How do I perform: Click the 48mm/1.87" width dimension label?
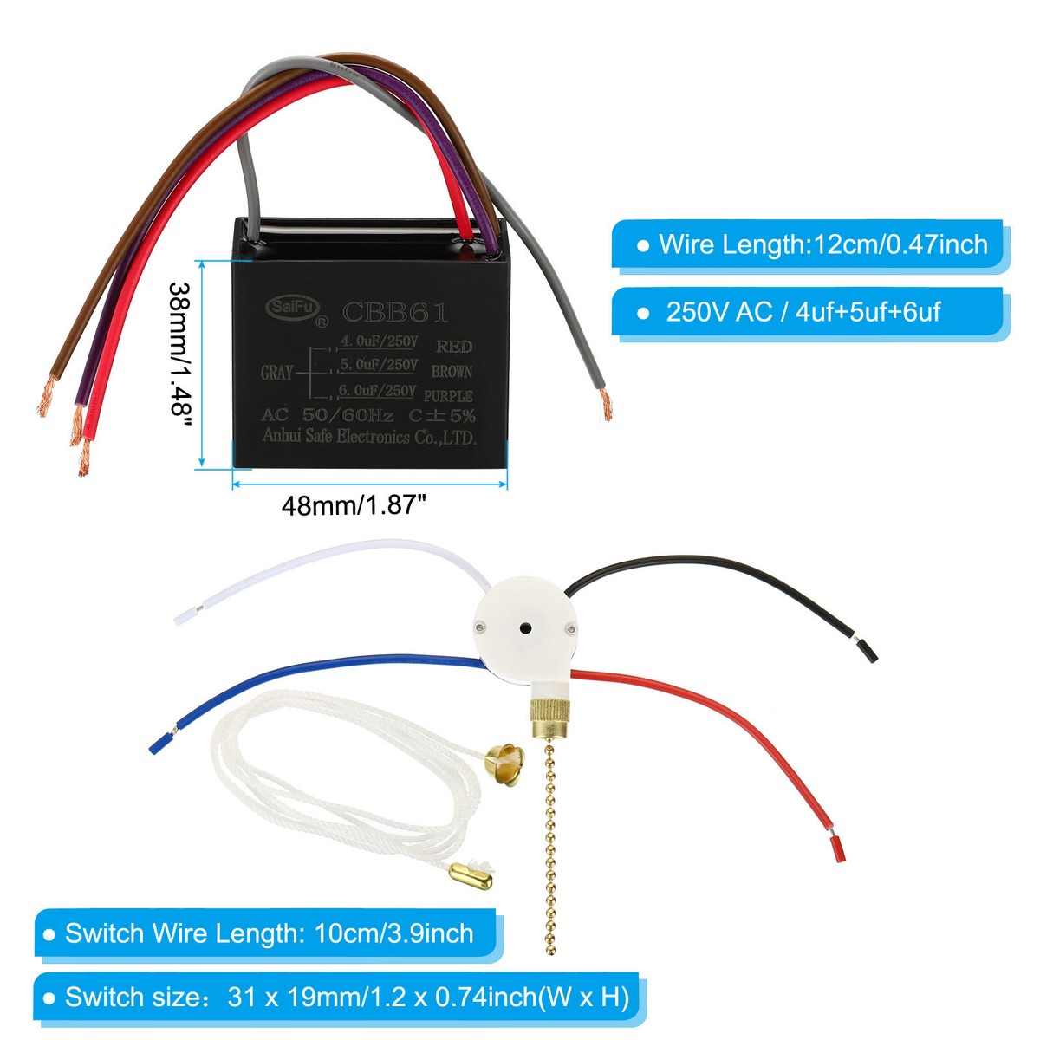354,504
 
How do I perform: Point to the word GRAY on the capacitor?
276,373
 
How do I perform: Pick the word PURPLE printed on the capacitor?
453,396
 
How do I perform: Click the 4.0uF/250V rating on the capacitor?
380,341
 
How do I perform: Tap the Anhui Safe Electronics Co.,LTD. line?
369,437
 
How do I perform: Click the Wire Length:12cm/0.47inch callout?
812,244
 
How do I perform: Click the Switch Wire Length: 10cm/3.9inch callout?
269,933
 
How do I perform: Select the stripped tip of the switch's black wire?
867,649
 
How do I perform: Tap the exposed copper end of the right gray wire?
606,405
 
